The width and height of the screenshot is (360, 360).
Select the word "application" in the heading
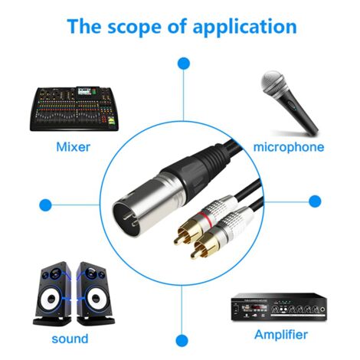[243, 27]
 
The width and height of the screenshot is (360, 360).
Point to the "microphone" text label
[288, 146]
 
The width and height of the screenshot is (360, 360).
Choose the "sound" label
[69, 338]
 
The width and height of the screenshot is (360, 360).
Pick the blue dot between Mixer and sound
[45, 205]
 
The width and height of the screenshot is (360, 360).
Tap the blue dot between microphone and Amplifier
[314, 202]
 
